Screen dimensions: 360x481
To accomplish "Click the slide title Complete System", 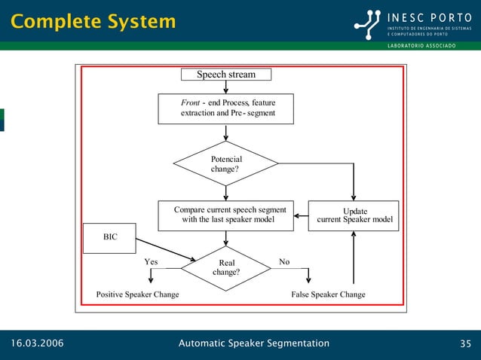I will coord(93,22).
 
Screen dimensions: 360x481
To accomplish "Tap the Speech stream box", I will coord(226,75).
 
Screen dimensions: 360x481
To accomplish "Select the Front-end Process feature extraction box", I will coord(226,108).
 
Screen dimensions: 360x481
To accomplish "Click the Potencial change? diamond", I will coord(226,163).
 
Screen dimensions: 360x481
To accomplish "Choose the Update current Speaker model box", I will coord(354,215).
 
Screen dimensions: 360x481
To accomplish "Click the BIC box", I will coord(110,236).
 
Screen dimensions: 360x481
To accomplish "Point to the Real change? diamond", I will coord(226,268).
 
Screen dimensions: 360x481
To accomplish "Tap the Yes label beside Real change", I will coord(151,262).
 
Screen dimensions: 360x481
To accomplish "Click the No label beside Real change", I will coord(284,262).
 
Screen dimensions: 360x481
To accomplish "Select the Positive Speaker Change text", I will coord(138,294).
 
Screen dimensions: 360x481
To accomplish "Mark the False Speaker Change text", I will coord(328,294).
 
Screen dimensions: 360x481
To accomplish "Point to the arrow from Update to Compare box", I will coord(301,216).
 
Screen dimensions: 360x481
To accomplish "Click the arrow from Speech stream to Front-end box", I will coord(226,87).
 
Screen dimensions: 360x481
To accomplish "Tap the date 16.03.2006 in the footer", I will coord(37,344).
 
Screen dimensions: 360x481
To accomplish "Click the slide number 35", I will coord(465,344).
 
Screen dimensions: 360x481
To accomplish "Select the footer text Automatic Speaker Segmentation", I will coord(253,343).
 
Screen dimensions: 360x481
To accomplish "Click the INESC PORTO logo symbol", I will coord(369,23).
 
